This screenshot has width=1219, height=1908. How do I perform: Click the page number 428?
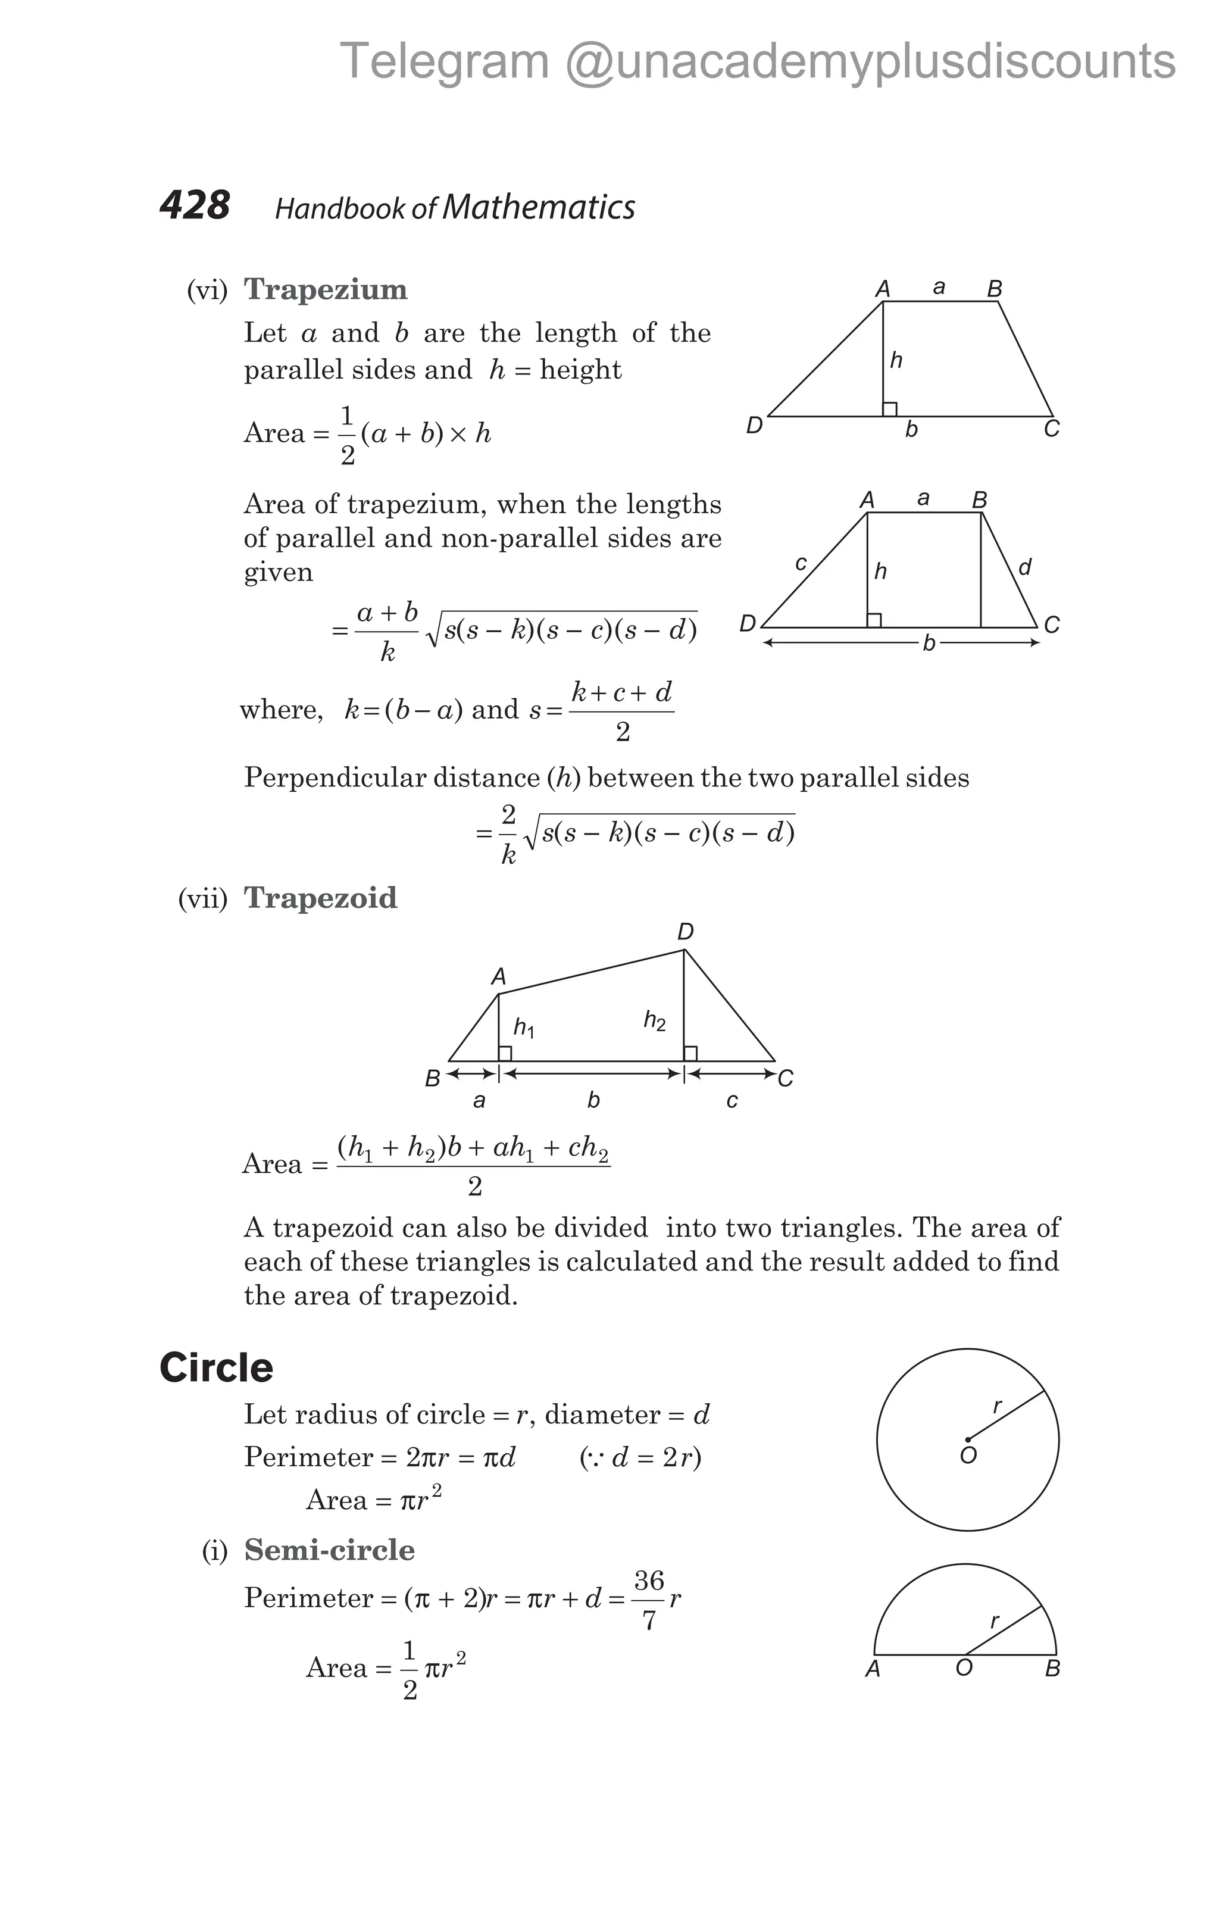tap(194, 205)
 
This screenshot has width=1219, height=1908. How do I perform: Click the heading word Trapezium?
tap(326, 289)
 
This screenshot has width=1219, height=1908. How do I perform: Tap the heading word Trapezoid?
tap(320, 898)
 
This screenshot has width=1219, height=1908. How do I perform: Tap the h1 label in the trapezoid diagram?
tap(524, 1028)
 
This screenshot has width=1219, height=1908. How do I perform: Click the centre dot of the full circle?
tap(967, 1439)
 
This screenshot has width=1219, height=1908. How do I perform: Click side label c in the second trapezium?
tap(801, 563)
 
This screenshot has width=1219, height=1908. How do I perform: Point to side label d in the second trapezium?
tap(1025, 567)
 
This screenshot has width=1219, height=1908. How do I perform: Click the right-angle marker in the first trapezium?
tap(889, 409)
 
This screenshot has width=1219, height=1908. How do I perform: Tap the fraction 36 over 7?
tap(649, 1601)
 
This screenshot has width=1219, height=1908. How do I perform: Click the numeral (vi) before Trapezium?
tap(207, 290)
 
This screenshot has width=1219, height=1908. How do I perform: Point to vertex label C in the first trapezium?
tap(1052, 429)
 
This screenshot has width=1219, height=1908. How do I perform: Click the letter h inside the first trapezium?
tap(896, 361)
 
